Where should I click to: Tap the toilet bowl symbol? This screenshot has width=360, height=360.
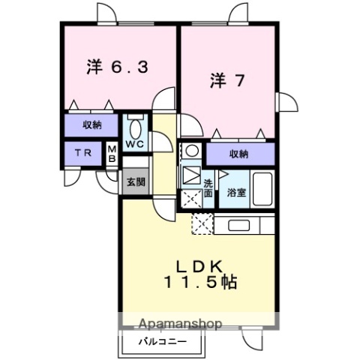pyautogui.click(x=135, y=125)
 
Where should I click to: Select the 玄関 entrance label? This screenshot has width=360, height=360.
pyautogui.click(x=135, y=181)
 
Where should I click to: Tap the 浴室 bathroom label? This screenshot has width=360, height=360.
pyautogui.click(x=238, y=193)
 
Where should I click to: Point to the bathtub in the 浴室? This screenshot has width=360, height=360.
pyautogui.click(x=262, y=186)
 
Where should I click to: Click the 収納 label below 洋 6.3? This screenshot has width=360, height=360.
pyautogui.click(x=90, y=124)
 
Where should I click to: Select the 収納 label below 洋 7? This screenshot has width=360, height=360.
pyautogui.click(x=238, y=154)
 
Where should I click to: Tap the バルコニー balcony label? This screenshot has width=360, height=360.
pyautogui.click(x=162, y=343)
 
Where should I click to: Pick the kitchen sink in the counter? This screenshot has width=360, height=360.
pyautogui.click(x=239, y=225)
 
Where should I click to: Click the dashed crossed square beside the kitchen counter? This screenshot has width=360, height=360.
pyautogui.click(x=202, y=224)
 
